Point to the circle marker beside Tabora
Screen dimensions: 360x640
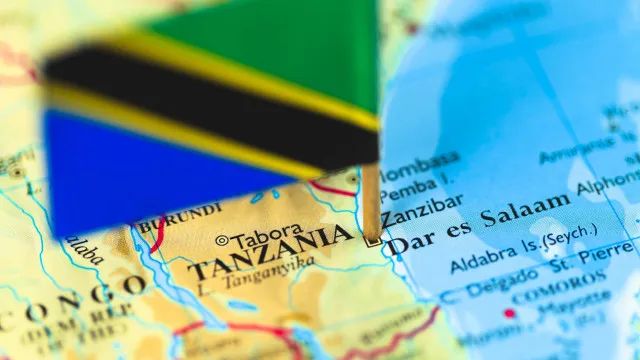click(x=222, y=240)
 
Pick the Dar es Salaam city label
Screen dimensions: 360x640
click(x=478, y=224)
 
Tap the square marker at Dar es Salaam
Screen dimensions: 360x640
click(x=372, y=240)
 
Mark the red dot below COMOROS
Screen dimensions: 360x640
click(x=509, y=313)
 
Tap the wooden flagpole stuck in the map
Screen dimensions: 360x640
click(x=371, y=200)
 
